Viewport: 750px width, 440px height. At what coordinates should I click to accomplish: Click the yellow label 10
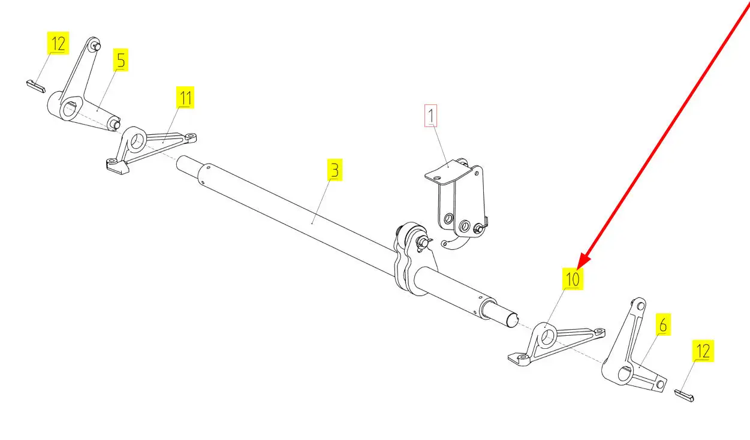pyautogui.click(x=573, y=279)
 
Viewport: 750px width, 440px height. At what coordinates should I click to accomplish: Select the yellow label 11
pyautogui.click(x=185, y=98)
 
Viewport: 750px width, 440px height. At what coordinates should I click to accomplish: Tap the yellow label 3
pyautogui.click(x=335, y=170)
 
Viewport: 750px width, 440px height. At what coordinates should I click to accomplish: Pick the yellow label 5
pyautogui.click(x=121, y=60)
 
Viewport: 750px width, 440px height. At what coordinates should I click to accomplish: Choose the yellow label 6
pyautogui.click(x=663, y=324)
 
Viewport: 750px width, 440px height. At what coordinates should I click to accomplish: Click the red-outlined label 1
pyautogui.click(x=430, y=116)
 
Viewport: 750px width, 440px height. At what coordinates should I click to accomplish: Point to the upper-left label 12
pyautogui.click(x=58, y=43)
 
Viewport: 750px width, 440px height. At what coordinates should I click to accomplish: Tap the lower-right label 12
pyautogui.click(x=703, y=351)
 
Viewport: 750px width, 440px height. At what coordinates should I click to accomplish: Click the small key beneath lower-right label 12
pyautogui.click(x=684, y=396)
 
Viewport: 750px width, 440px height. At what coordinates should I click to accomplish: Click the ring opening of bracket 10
pyautogui.click(x=547, y=337)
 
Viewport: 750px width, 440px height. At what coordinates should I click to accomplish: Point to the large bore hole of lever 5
pyautogui.click(x=70, y=110)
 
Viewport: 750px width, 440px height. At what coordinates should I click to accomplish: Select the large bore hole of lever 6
pyautogui.click(x=625, y=373)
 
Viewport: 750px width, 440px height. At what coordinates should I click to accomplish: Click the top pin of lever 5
pyautogui.click(x=97, y=46)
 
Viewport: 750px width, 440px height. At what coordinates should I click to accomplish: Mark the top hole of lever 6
pyautogui.click(x=640, y=306)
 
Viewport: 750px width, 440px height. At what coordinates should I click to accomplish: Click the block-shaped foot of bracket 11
pyautogui.click(x=118, y=167)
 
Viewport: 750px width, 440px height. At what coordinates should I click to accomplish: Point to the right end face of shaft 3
pyautogui.click(x=511, y=321)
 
